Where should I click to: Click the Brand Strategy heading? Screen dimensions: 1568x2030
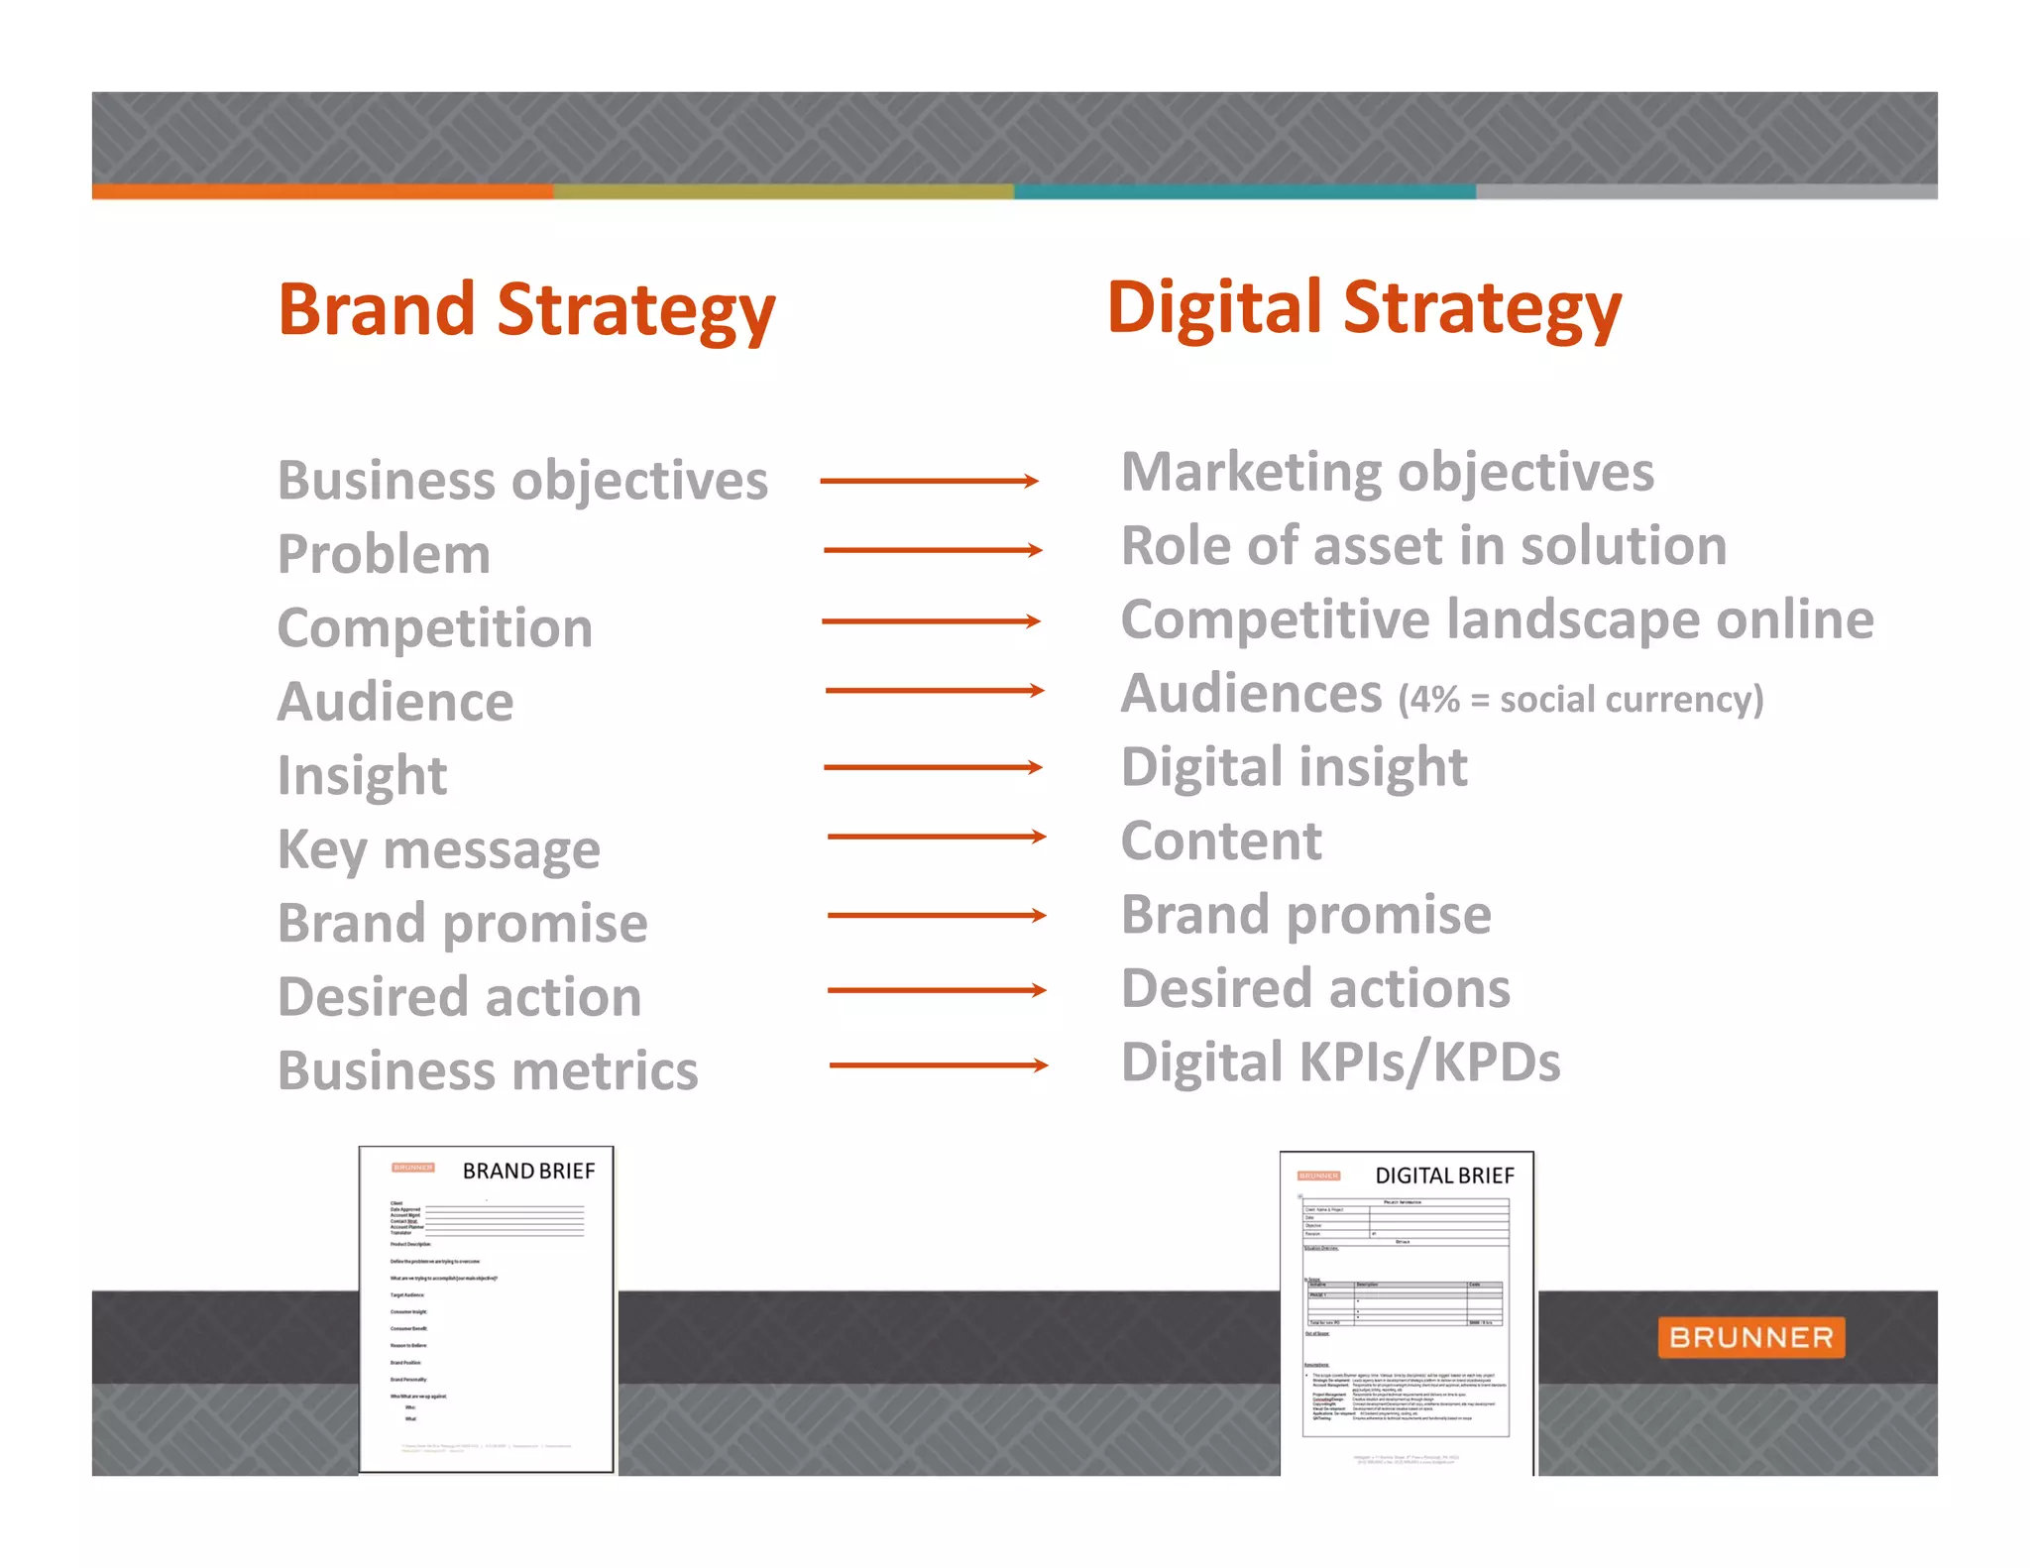[x=526, y=310]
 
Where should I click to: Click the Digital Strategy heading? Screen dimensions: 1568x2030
[x=1364, y=308]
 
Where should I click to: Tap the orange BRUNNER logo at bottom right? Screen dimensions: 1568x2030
[x=1750, y=1337]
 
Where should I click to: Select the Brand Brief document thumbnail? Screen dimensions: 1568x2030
[x=486, y=1308]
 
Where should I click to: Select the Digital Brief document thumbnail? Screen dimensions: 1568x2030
[x=1407, y=1312]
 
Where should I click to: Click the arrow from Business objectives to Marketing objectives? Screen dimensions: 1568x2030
[x=930, y=482]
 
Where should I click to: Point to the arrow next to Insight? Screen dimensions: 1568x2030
[x=933, y=767]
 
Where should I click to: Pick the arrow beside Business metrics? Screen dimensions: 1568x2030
[x=938, y=1065]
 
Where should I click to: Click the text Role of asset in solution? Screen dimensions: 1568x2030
[x=1423, y=546]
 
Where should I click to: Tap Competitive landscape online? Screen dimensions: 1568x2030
[x=1497, y=620]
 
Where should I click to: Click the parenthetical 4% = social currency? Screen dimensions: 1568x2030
[x=1581, y=700]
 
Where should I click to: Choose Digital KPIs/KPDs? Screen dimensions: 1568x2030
[x=1340, y=1063]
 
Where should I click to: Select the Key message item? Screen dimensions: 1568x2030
[x=439, y=850]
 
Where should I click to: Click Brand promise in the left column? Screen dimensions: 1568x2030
[x=462, y=924]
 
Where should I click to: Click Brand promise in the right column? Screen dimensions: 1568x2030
[x=1305, y=915]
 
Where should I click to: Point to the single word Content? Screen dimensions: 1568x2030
[x=1221, y=841]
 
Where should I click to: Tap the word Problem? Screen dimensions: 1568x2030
[x=384, y=555]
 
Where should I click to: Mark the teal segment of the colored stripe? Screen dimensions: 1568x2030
[x=1244, y=192]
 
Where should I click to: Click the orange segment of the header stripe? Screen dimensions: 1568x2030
[x=322, y=192]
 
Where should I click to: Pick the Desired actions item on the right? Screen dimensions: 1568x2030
[x=1315, y=989]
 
